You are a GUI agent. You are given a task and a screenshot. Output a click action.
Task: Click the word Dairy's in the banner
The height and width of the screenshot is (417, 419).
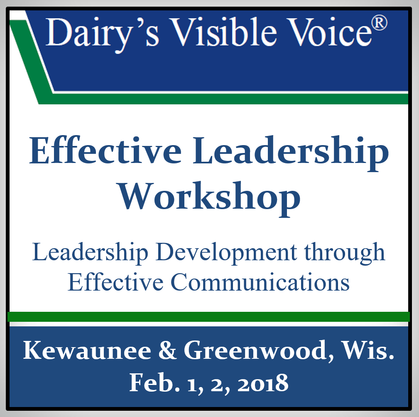coord(102,34)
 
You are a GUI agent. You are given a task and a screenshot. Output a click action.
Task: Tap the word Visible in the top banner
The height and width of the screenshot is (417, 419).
coord(224,32)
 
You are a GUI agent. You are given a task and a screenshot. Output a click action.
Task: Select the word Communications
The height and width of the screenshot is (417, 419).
coord(260,282)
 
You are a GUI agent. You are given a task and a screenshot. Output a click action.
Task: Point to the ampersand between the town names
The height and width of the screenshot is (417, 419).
coord(167,350)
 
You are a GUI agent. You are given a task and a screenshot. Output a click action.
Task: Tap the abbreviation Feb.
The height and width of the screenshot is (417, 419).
coord(154,382)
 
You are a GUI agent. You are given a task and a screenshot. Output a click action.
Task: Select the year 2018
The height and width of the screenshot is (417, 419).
coord(263,383)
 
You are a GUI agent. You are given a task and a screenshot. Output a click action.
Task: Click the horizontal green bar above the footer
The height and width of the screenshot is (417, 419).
coord(208,316)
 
